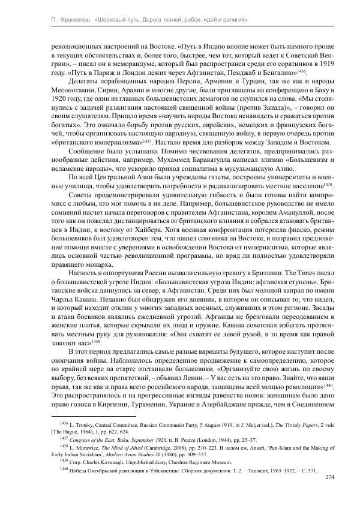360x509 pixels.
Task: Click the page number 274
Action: tap(329, 477)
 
